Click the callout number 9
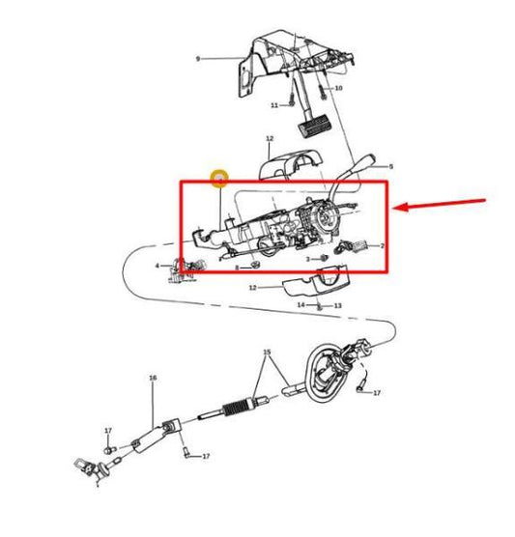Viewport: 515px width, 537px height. [197, 59]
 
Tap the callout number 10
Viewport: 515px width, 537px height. [338, 88]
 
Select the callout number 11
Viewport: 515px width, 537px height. [274, 105]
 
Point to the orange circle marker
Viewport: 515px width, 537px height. [219, 179]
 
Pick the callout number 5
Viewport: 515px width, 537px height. [390, 166]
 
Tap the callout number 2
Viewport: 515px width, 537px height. [383, 246]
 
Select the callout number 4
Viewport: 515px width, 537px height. [157, 265]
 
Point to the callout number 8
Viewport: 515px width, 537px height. [237, 268]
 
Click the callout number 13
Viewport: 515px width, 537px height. [338, 305]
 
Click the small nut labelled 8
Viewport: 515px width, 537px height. [255, 266]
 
